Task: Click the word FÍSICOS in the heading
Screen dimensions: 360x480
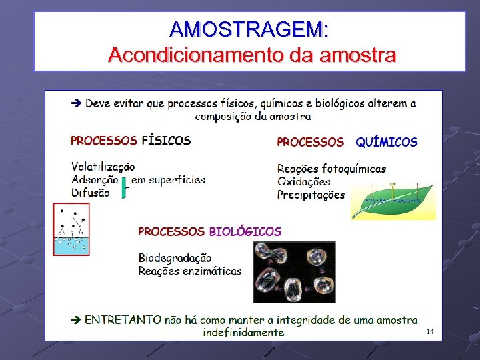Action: [166, 141]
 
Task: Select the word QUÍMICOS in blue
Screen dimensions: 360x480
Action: [386, 142]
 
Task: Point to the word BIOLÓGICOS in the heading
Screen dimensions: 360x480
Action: [245, 232]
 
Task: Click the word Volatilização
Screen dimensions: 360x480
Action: [103, 167]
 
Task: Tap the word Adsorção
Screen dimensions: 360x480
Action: [95, 179]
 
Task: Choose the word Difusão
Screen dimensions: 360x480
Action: [91, 193]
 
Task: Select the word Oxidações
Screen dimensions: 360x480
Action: [303, 181]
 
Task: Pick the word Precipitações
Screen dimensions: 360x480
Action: [311, 195]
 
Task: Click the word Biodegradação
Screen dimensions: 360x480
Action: [175, 257]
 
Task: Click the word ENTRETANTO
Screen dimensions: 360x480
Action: [123, 320]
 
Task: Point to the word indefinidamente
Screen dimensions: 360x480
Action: [244, 332]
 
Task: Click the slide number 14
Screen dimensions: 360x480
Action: [429, 331]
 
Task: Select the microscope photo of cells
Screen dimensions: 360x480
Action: [294, 272]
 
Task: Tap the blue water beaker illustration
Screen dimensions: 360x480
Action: [71, 231]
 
